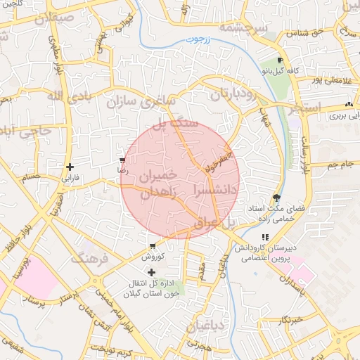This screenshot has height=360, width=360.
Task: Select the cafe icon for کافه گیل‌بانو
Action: click(281, 61)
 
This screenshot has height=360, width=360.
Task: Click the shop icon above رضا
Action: click(123, 160)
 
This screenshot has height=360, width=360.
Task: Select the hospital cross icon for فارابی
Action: click(69, 167)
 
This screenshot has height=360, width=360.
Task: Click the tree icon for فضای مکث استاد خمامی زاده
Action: click(277, 198)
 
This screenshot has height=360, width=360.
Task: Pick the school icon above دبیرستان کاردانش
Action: click(265, 238)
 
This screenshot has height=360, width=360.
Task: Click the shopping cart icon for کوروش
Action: click(153, 246)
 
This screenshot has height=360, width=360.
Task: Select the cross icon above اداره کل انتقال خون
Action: click(151, 271)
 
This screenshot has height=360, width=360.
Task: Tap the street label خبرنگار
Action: click(290, 320)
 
